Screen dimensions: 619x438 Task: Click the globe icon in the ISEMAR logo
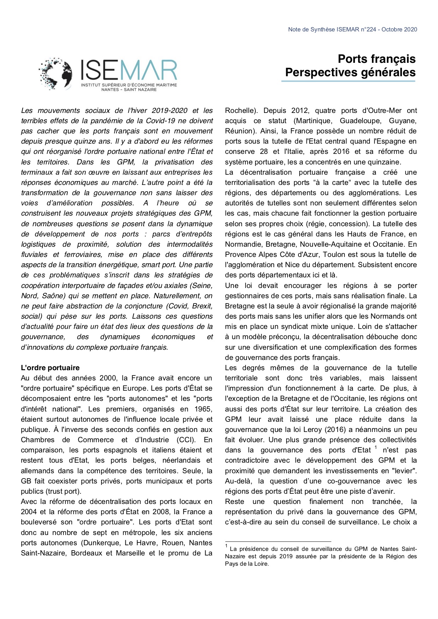(56, 73)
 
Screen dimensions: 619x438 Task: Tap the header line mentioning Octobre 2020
(353, 30)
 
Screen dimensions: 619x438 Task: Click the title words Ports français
(377, 59)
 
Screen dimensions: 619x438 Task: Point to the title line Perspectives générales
(350, 72)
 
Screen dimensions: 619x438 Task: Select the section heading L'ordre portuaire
(50, 368)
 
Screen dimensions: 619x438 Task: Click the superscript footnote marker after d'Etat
(376, 447)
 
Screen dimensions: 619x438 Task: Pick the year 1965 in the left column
(202, 409)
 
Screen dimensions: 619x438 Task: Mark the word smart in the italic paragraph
(152, 265)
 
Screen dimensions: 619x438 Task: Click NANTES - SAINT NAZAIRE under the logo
(129, 90)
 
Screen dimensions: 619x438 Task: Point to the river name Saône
(53, 296)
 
